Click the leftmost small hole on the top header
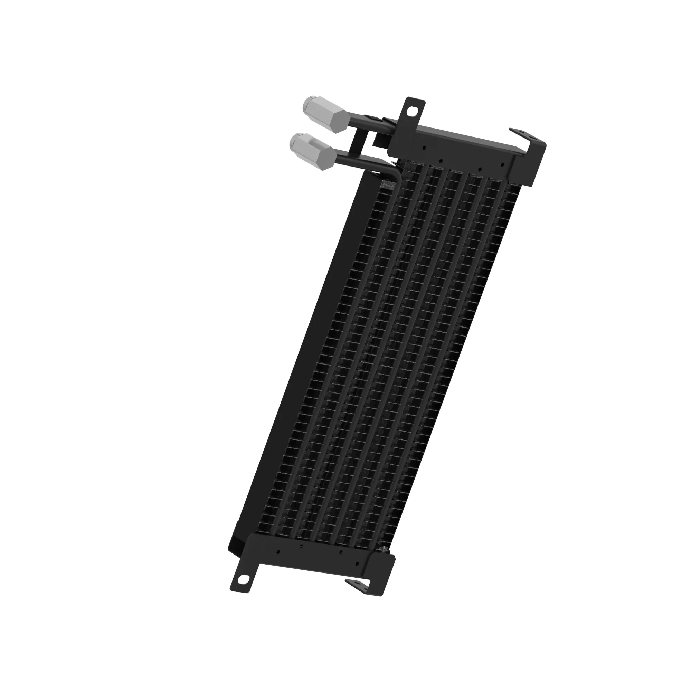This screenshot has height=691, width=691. click(424, 146)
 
